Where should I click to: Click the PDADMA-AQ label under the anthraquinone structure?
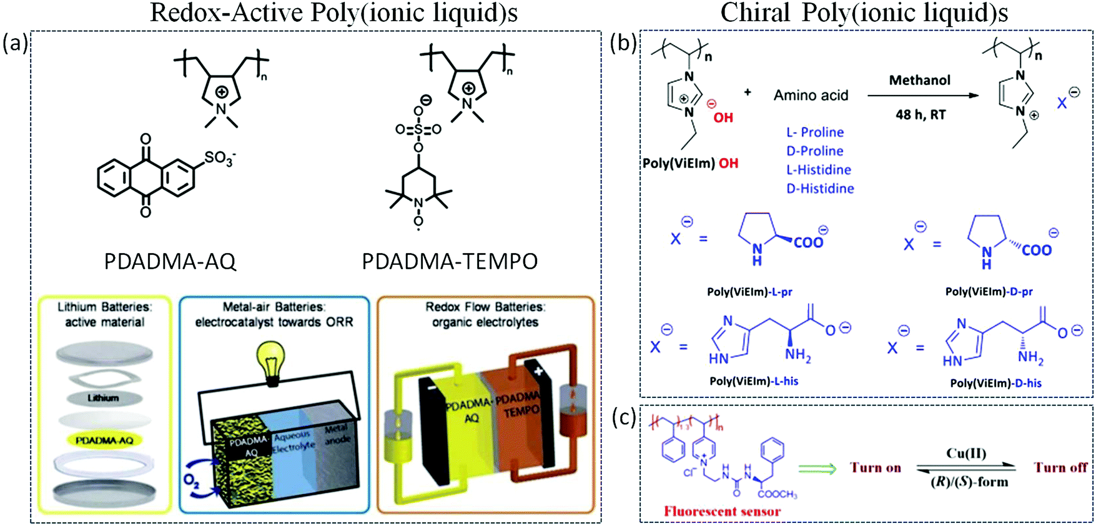click(170, 261)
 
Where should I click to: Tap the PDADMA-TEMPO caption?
click(450, 261)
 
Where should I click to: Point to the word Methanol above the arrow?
click(920, 81)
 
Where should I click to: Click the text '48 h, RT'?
click(921, 115)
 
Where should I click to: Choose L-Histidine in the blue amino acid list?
click(818, 170)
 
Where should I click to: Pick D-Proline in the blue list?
click(814, 151)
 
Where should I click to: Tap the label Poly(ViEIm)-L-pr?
click(749, 292)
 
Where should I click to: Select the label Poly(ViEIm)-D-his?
click(995, 384)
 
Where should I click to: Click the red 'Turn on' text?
click(875, 468)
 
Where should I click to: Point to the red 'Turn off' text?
click(1060, 467)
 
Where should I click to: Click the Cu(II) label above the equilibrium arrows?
click(966, 454)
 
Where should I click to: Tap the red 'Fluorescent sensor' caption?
click(722, 512)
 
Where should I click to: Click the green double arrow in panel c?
click(817, 469)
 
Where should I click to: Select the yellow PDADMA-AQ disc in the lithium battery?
click(104, 440)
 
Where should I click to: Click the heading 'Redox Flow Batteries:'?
click(485, 307)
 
